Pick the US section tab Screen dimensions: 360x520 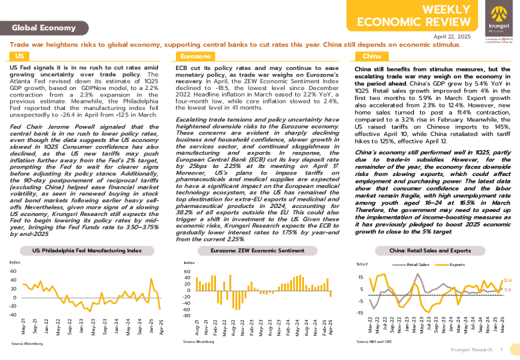click(20, 57)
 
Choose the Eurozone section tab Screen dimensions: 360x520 click(196, 57)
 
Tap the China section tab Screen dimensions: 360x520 click(371, 57)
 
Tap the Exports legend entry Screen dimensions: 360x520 click(457, 265)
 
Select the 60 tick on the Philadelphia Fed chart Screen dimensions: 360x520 click(13, 271)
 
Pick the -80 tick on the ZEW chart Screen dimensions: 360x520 click(187, 316)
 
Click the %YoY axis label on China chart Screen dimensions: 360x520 click(363, 265)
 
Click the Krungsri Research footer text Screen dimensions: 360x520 click(471, 349)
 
